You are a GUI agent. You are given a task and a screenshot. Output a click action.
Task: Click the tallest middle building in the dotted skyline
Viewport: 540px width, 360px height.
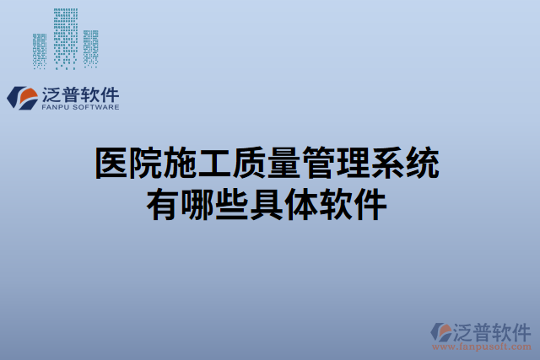(65, 34)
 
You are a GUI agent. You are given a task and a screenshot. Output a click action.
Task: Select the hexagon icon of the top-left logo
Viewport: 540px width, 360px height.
(23, 97)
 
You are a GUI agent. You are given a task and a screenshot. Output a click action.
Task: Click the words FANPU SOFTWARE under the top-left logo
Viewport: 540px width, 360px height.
(80, 108)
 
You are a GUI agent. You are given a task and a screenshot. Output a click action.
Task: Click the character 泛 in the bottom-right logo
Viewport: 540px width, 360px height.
(467, 330)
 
